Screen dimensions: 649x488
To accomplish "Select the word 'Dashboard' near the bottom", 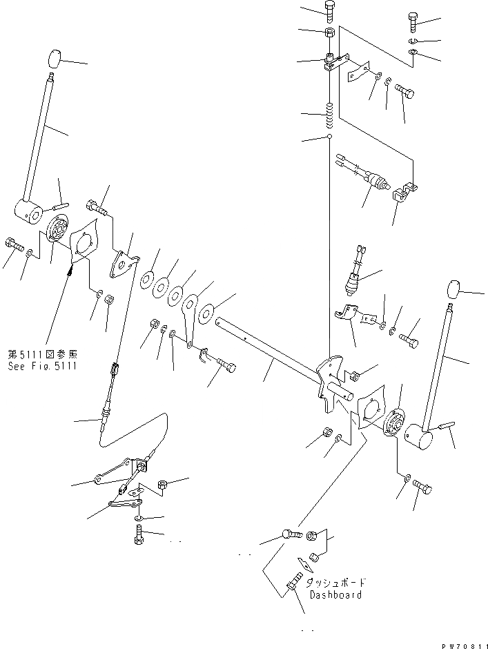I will pos(335,594).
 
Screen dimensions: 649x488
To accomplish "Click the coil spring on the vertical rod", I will pos(330,115).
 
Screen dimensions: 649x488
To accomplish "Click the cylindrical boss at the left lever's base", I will pos(29,212).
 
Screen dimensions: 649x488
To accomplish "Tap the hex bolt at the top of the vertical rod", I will pos(329,10).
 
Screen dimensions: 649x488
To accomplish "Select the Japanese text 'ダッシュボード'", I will pos(335,583).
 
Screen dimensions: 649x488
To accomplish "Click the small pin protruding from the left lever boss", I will pos(60,205).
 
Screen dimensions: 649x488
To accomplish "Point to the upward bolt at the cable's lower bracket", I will pos(139,535).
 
